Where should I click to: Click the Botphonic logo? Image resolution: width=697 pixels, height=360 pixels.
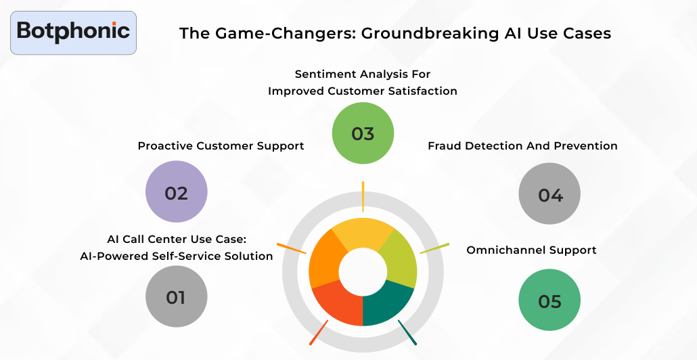pos(73,32)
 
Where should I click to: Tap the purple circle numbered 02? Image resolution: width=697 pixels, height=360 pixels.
pos(176,192)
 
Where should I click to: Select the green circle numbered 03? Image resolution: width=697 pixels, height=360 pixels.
pos(363,133)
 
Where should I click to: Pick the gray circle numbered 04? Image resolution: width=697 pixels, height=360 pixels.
pos(549,195)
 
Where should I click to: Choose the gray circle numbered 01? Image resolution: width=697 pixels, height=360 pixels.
pos(176,296)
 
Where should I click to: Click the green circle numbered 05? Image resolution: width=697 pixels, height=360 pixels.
pos(549,300)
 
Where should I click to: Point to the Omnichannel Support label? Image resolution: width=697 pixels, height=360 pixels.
pos(531,250)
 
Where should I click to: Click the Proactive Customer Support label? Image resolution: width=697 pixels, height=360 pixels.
pos(221,145)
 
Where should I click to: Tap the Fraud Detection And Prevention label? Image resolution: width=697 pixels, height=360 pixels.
pos(522,145)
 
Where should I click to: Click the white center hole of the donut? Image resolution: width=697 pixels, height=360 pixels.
pos(363,272)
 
